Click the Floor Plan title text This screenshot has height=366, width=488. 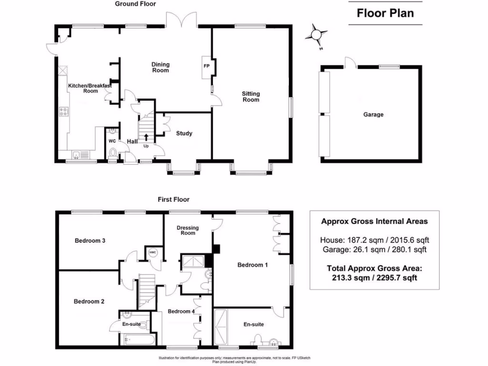point(386,13)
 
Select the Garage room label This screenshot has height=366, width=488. point(373,114)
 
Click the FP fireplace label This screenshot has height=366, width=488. point(207,66)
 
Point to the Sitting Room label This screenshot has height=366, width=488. point(251,97)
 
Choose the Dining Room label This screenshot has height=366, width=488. point(161,67)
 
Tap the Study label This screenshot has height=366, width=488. point(184,133)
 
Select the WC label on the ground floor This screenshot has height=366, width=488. point(112,142)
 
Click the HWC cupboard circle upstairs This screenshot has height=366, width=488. point(152,253)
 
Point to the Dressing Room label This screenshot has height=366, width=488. point(188,230)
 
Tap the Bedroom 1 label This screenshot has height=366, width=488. point(253,265)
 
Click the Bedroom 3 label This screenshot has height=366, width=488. point(90,241)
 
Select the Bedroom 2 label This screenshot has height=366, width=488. point(89,301)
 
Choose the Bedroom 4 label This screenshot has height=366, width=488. point(181,312)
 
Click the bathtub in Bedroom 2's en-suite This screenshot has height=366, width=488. point(139,340)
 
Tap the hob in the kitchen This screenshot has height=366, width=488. point(63,112)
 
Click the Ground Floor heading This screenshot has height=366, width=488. point(135,4)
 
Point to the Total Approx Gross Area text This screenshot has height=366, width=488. point(374,273)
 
